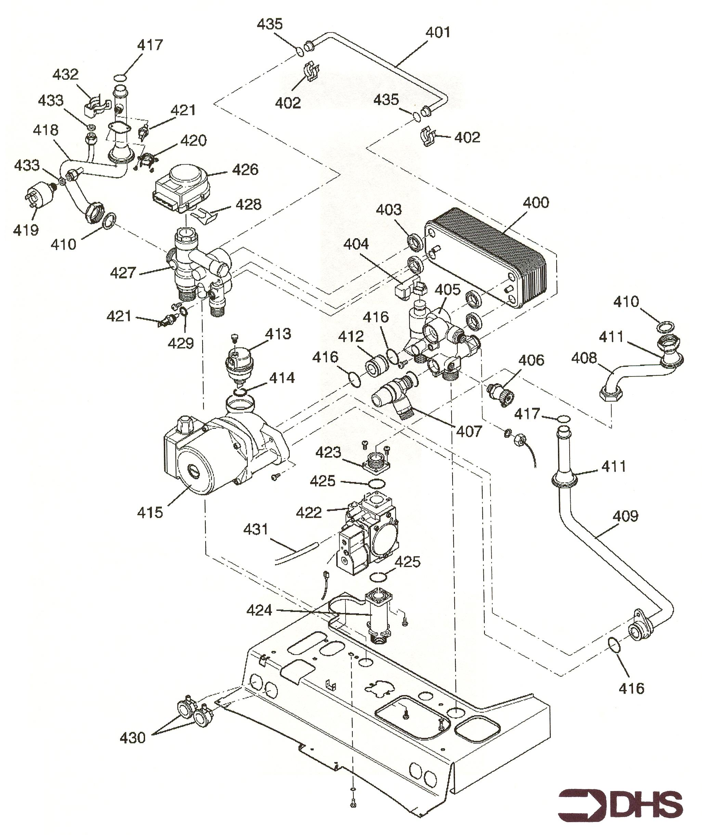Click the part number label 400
point(536,203)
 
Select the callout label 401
point(438,32)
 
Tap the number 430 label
point(132,738)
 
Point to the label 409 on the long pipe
point(626,516)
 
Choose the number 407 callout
point(469,431)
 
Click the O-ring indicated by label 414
point(239,393)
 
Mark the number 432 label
point(66,74)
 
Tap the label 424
point(259,610)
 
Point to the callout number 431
point(256,529)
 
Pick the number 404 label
point(356,244)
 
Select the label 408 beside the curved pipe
point(584,358)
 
